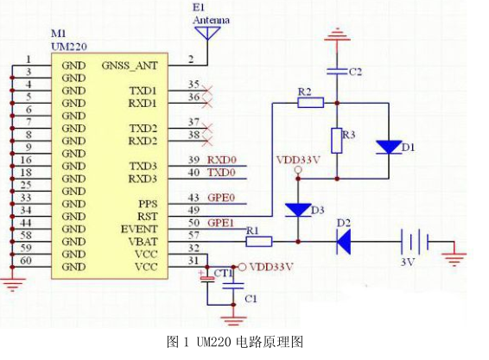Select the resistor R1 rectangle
(259, 242)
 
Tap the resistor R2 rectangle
(311, 103)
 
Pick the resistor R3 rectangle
(337, 140)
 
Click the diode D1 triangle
(389, 147)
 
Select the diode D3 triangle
(298, 210)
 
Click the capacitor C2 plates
(337, 72)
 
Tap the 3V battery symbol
(415, 242)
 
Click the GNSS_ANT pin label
(130, 66)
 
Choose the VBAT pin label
(143, 242)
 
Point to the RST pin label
(148, 217)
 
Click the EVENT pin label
(139, 229)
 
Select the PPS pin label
(148, 204)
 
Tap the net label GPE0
(221, 198)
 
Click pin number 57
(194, 235)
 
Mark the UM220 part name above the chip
(69, 47)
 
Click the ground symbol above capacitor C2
(337, 35)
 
